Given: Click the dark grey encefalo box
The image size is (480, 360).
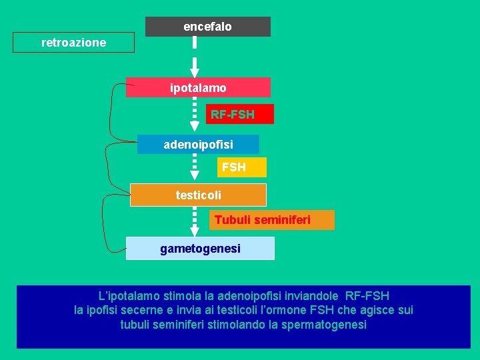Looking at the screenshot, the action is coord(207,27).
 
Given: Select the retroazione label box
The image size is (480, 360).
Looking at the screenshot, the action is coord(73,43).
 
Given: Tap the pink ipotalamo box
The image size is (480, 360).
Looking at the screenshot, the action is coord(198,87).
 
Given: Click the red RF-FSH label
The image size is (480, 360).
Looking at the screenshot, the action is coord(232,115).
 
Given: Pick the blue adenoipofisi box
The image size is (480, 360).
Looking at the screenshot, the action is coord(198,144).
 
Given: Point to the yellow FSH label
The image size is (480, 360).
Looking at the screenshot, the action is coord(233,167).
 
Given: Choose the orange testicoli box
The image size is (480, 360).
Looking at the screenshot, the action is coord(198,195).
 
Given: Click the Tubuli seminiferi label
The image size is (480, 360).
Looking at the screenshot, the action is coord(262,219).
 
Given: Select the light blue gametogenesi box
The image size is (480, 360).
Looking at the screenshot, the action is coord(200,249).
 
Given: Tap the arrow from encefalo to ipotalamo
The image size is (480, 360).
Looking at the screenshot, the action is coord(195,57).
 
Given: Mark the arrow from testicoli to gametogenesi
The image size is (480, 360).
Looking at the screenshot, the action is coord(195,221).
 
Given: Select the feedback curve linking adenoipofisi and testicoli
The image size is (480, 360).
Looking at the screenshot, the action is coord(105,170).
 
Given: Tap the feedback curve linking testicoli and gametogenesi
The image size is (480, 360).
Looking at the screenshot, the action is coord(103,223).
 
